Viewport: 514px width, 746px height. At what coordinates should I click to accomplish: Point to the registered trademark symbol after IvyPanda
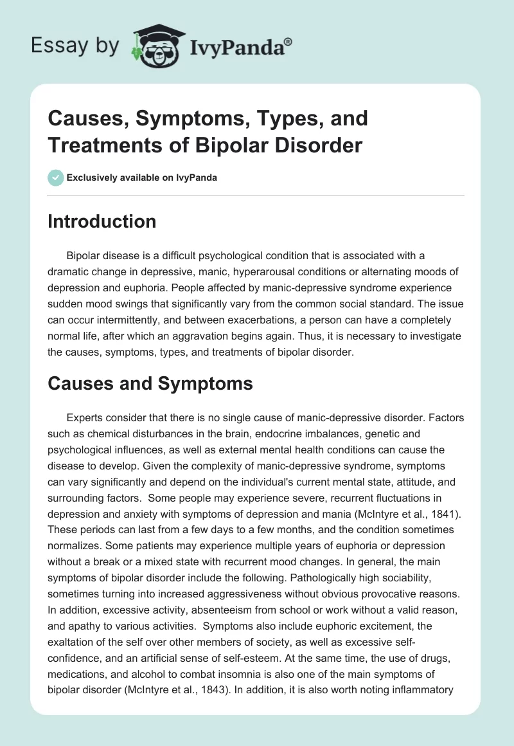click(288, 41)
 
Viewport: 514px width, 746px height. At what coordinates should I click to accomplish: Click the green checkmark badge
click(55, 177)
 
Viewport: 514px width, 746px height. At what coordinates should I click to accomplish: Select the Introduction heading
click(102, 221)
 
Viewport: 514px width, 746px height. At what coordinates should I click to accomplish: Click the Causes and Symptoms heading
click(150, 383)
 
